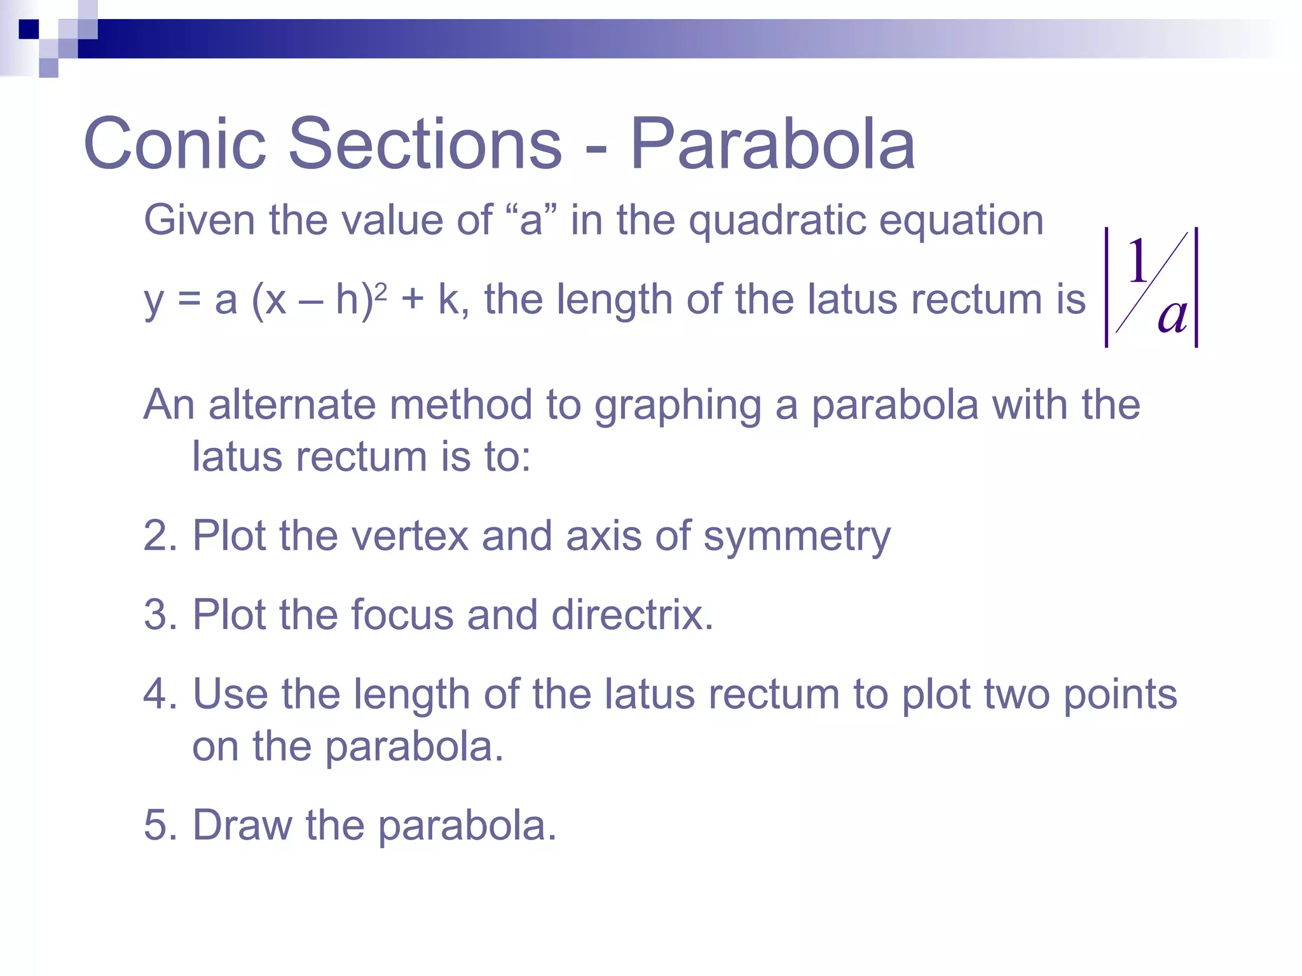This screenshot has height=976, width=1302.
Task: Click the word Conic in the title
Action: (174, 144)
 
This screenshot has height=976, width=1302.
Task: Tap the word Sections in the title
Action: (425, 144)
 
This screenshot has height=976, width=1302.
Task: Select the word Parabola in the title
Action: (772, 144)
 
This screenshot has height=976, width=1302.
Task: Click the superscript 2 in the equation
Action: (381, 292)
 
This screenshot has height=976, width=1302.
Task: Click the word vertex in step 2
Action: (410, 536)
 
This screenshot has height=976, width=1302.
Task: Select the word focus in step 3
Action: (402, 614)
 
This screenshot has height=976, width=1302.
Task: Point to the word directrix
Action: (633, 614)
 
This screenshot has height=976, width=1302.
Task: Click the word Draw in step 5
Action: (242, 825)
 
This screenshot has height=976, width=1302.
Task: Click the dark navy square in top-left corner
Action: (29, 29)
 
